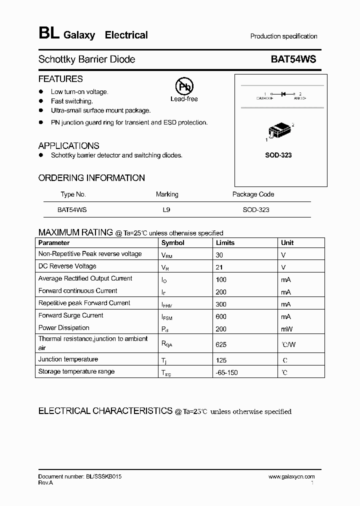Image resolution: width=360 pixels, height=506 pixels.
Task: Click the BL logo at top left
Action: (48, 34)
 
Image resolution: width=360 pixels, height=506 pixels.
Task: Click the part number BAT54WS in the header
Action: (293, 59)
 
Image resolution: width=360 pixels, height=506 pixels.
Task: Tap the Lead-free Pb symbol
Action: (184, 86)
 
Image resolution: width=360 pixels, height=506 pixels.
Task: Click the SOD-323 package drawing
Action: (279, 131)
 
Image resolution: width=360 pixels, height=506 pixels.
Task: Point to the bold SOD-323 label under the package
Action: (278, 155)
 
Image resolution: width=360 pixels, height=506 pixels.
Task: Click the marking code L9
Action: (166, 210)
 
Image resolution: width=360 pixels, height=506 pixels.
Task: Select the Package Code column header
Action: (253, 194)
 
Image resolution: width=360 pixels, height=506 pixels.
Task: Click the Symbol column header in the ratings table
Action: (172, 242)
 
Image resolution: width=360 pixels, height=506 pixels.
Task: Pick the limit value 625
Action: (221, 344)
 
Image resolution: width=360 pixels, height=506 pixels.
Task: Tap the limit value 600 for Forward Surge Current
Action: (221, 316)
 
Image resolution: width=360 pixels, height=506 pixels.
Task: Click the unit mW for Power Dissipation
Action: (287, 329)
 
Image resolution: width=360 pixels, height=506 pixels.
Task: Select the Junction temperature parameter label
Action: (68, 359)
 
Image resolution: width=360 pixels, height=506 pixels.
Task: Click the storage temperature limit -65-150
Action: (226, 373)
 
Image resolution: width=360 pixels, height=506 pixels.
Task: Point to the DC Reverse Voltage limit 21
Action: (219, 267)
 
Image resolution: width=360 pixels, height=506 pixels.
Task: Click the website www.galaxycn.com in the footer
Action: (291, 476)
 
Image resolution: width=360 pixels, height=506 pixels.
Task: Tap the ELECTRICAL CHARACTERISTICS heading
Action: (106, 411)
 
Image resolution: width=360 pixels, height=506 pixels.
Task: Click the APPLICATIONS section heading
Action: (68, 145)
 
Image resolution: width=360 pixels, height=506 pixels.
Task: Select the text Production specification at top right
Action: (283, 36)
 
